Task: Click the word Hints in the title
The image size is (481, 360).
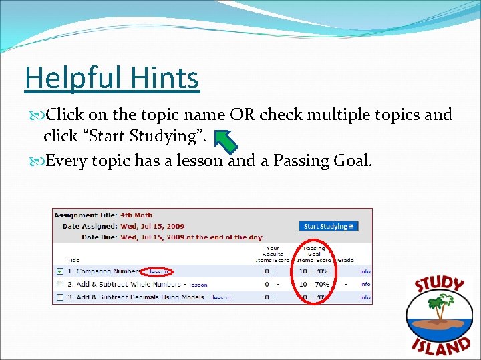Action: tap(168, 78)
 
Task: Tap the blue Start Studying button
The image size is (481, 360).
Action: tap(328, 226)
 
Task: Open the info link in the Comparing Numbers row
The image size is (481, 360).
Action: tap(365, 272)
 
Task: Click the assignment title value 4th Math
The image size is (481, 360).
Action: tap(136, 215)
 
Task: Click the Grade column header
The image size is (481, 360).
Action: tap(345, 261)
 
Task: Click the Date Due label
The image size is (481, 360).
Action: tap(98, 237)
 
